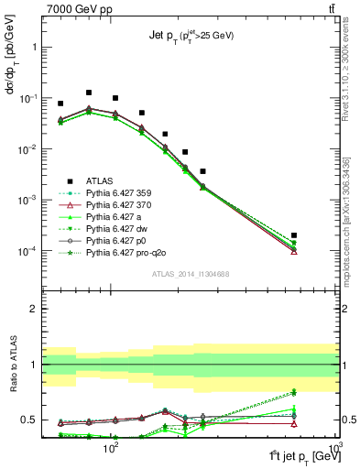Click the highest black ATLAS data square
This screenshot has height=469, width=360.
(88, 93)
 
